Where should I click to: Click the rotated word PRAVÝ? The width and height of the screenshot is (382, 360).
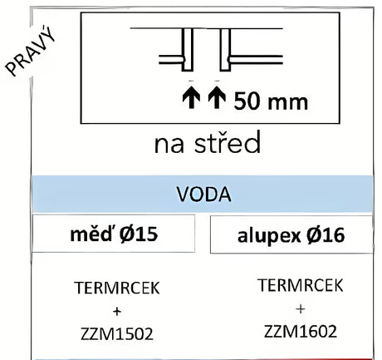tap(31, 51)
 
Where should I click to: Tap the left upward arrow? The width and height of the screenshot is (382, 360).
tap(191, 96)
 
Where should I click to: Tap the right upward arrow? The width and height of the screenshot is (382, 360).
tap(217, 96)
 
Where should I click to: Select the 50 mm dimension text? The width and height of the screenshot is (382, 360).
tap(271, 101)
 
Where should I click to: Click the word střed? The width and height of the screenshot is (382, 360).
tap(228, 142)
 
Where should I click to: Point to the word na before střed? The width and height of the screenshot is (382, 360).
tap(169, 145)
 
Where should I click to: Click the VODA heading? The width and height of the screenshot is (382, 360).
tap(203, 195)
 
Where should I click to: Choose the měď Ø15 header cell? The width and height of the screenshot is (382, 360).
tap(114, 234)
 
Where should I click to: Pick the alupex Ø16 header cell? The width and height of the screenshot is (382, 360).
tap(291, 234)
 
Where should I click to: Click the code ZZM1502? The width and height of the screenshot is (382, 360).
tap(117, 333)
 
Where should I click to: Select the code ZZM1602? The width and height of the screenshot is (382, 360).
tap(301, 331)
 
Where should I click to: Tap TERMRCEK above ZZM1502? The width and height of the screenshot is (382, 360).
tap(117, 288)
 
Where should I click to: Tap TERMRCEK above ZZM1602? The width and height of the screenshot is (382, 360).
tap(301, 285)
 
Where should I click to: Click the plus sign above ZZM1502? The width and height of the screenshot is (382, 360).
tap(117, 312)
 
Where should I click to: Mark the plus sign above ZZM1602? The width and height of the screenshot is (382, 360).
tap(301, 308)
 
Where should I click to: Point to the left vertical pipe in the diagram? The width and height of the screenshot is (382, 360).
tap(188, 49)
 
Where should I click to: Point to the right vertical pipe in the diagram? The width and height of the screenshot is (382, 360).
tap(225, 49)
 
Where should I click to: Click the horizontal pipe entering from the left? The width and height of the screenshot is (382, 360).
tap(171, 60)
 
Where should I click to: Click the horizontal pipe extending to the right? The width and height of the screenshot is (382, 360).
tap(256, 60)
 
